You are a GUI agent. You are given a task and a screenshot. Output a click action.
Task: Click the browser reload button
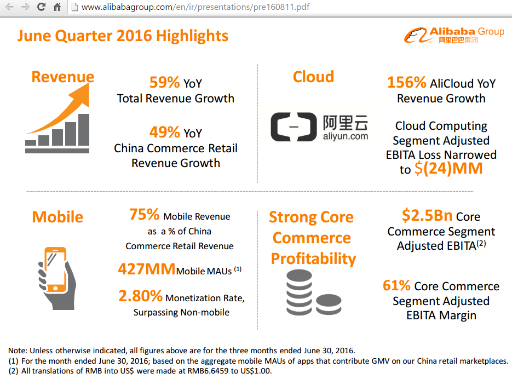tap(41, 7)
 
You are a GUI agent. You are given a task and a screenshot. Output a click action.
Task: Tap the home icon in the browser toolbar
tap(57, 7)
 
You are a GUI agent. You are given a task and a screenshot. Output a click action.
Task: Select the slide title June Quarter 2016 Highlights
tap(123, 36)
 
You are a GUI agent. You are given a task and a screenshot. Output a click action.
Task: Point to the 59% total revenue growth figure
tap(165, 83)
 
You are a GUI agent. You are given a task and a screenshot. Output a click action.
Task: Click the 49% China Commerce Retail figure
tap(165, 133)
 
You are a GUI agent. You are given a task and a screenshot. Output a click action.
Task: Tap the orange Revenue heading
tap(62, 77)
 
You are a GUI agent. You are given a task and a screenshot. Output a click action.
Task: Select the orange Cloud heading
tap(313, 77)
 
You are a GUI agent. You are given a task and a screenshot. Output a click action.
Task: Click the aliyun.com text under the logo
tap(346, 136)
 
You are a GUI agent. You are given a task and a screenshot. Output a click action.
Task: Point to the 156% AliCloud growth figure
tap(407, 83)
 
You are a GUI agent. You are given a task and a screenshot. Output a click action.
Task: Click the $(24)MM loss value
tap(448, 169)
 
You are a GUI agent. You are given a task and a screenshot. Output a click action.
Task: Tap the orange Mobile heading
tap(57, 217)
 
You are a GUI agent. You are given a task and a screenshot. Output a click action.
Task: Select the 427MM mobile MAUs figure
tap(147, 269)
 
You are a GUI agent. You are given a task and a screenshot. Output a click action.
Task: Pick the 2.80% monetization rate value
tap(140, 296)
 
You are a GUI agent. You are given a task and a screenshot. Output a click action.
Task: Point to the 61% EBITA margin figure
tap(396, 286)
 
